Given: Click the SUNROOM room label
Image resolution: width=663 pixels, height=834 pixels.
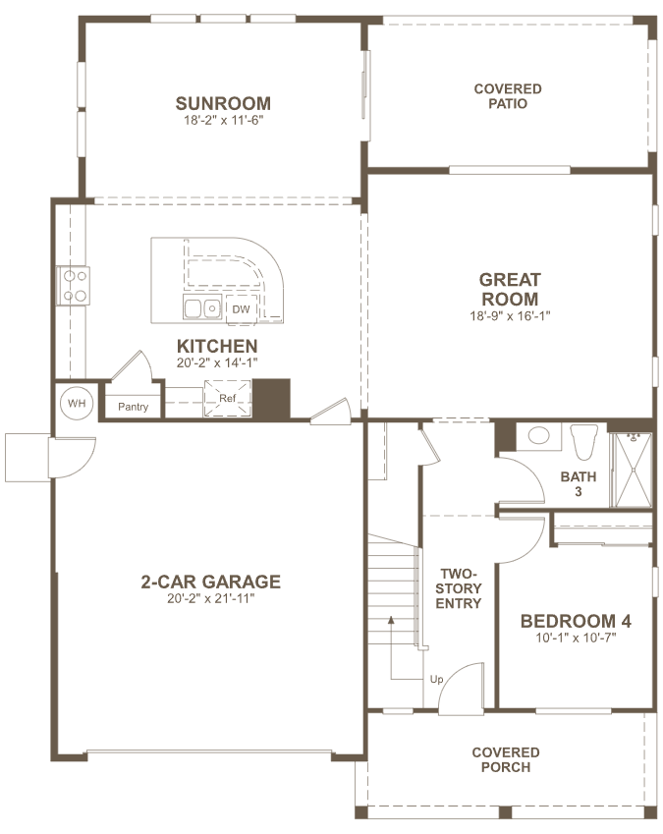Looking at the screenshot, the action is click(223, 103).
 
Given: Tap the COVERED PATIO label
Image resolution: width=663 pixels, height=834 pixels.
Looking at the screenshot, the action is click(508, 96).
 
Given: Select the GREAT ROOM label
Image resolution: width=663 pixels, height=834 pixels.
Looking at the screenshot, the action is click(510, 289).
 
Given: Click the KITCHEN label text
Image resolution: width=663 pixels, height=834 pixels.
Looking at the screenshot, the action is click(217, 346).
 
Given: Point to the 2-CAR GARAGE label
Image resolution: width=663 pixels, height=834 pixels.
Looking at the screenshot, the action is click(210, 582).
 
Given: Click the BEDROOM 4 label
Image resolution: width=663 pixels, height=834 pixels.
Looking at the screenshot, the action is click(576, 621).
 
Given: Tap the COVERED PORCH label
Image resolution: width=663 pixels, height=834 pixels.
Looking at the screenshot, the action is click(506, 759).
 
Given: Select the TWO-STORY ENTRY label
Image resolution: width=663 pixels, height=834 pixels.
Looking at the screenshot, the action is click(459, 588).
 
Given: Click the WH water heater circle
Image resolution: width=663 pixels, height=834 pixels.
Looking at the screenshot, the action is click(77, 403).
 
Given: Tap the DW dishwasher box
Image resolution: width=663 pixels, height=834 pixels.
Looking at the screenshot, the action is click(242, 309).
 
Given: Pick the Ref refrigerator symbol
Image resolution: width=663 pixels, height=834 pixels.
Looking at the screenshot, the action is click(227, 398).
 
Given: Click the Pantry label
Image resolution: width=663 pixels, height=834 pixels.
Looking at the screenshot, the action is click(133, 407).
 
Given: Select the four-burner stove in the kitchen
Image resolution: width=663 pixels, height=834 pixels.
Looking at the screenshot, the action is click(74, 286).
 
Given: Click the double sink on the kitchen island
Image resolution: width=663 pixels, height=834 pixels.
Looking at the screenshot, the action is click(202, 306).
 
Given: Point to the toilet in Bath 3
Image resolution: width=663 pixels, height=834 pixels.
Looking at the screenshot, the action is click(583, 441).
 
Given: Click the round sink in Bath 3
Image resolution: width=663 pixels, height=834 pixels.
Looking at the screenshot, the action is click(539, 435).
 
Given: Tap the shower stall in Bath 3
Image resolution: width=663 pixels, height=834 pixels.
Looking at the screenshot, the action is click(632, 470).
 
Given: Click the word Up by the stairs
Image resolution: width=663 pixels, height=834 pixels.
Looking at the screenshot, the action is click(436, 679).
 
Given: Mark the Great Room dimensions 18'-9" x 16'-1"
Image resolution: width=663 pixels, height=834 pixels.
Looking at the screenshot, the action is click(510, 316).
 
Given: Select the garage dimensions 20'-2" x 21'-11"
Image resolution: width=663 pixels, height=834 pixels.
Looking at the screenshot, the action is click(211, 598).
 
